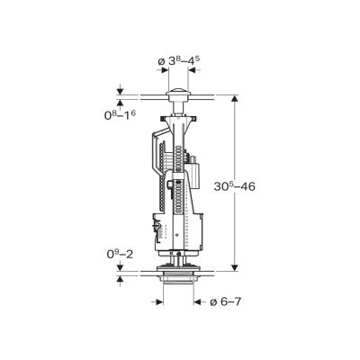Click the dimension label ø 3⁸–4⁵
pyautogui.click(x=179, y=60)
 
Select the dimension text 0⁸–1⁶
pyautogui.click(x=120, y=114)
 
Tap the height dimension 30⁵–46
pyautogui.click(x=234, y=186)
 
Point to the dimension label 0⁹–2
pyautogui.click(x=120, y=254)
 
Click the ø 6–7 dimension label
pyautogui.click(x=225, y=301)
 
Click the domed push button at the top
pyautogui.click(x=178, y=91)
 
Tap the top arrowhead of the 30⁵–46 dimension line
pyautogui.click(x=235, y=98)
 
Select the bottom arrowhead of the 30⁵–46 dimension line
pyautogui.click(x=235, y=267)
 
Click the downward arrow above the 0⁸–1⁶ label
pyautogui.click(x=120, y=89)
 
